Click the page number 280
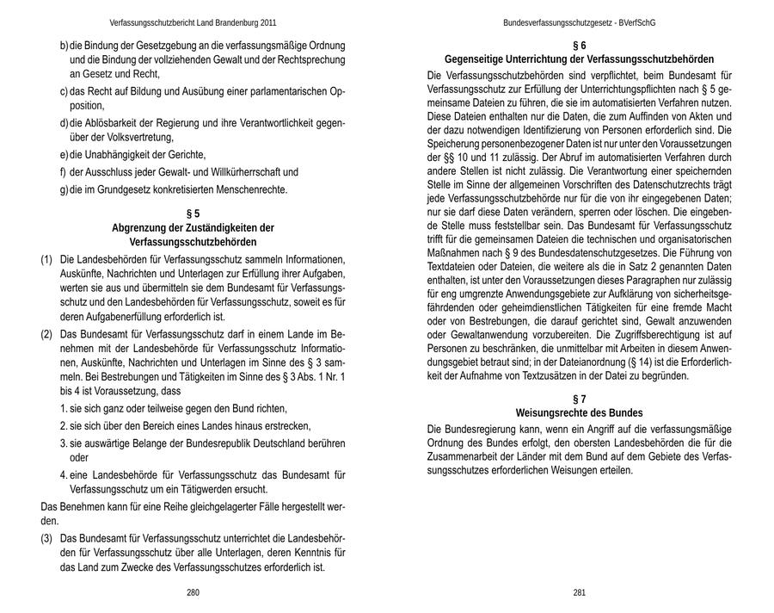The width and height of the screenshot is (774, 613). pos(193,593)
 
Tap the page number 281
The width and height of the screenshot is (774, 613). pos(579,593)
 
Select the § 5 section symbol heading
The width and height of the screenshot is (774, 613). pos(193,214)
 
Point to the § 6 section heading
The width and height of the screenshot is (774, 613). pos(579,45)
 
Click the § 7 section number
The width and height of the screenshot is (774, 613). pos(579,399)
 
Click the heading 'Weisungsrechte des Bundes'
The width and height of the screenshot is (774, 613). pos(579,413)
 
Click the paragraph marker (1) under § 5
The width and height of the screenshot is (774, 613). pos(46,260)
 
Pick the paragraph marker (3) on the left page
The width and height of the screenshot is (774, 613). pos(46,537)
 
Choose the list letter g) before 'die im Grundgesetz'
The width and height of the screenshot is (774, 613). pos(64,189)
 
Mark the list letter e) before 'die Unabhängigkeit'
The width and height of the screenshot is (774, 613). pos(64,155)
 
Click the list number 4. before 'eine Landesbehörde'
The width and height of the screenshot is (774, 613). pos(64,474)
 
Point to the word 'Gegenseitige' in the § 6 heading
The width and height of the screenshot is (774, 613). pos(474,59)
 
